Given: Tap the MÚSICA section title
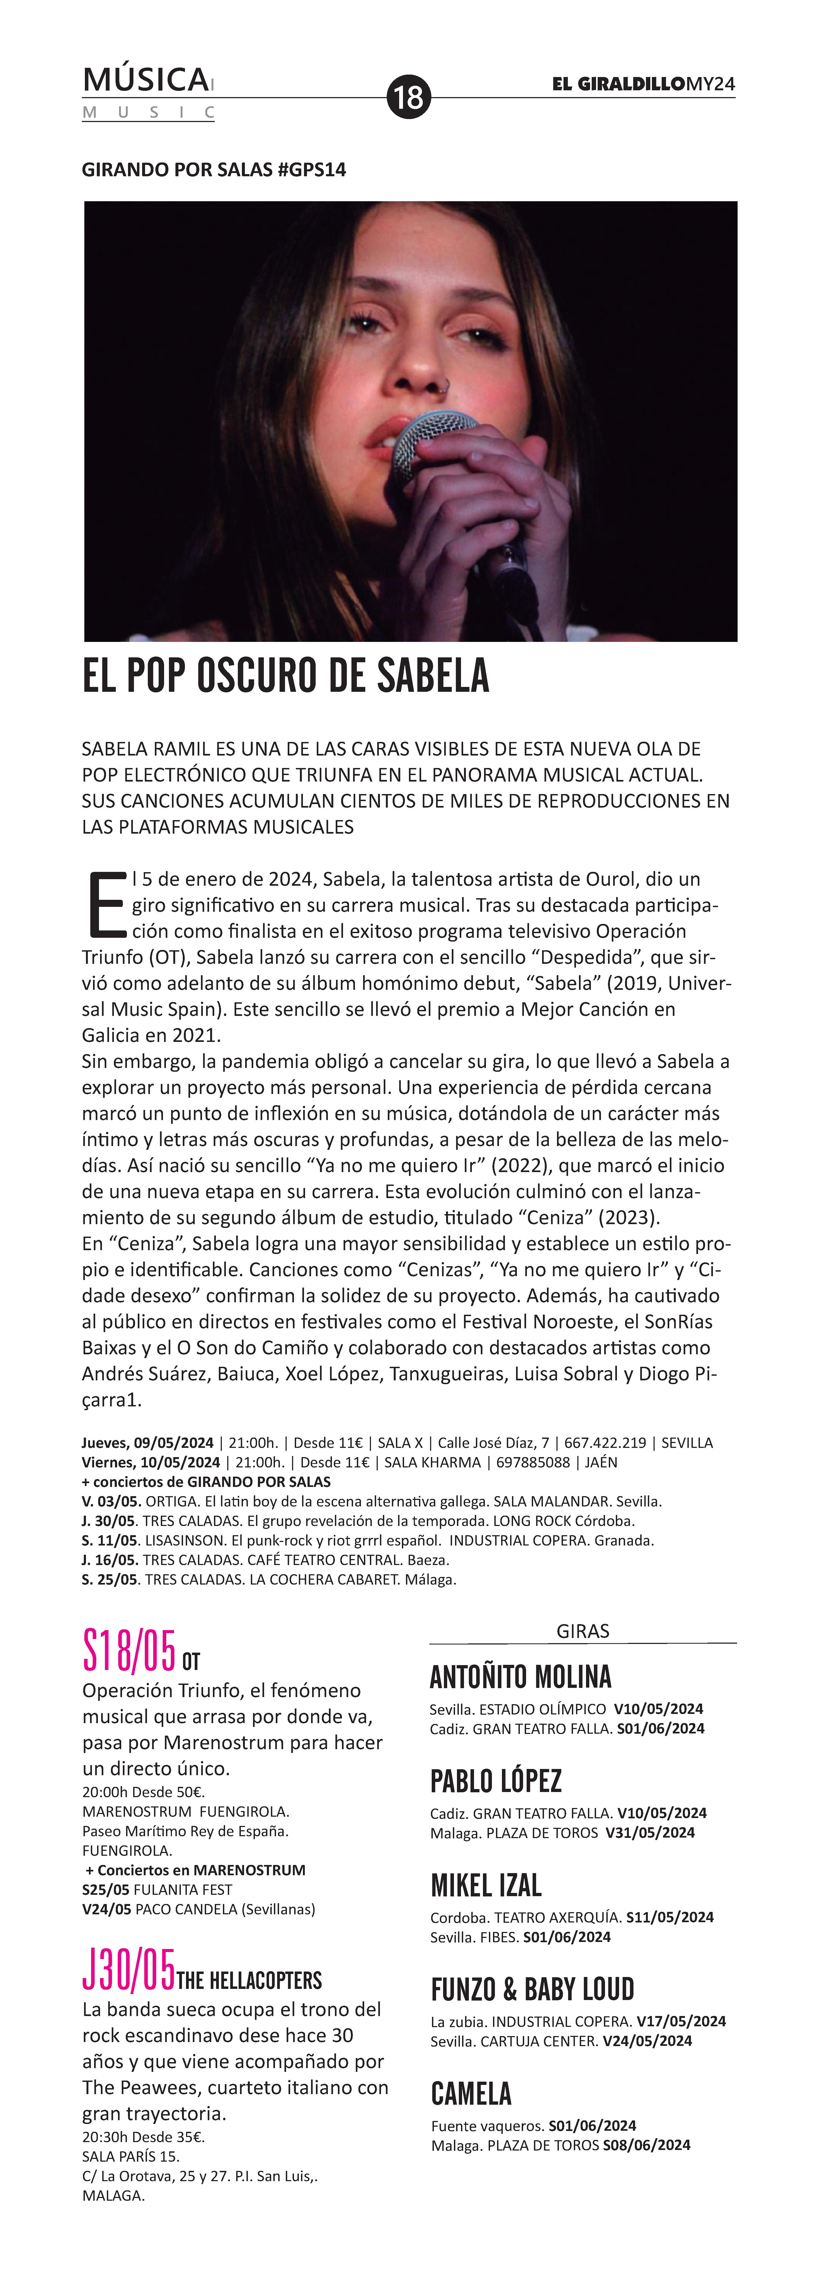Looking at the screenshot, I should [146, 80].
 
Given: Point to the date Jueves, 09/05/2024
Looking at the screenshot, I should [148, 1442].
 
